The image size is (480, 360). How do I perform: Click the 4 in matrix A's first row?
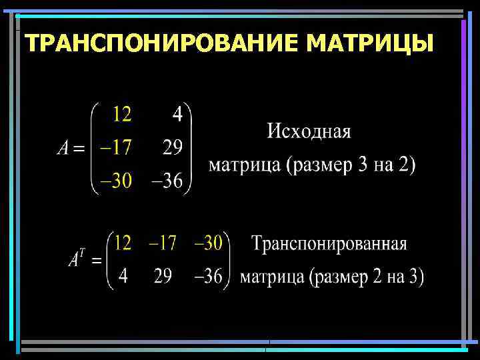pos(177,115)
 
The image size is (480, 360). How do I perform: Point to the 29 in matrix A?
pos(173,148)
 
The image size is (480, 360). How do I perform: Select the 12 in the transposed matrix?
pos(123,243)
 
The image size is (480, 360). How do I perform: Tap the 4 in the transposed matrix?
pos(123,276)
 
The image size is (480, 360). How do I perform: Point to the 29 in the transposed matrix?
pos(163,276)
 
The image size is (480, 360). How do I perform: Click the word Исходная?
pos(309,131)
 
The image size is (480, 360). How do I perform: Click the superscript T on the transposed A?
pos(82,252)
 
